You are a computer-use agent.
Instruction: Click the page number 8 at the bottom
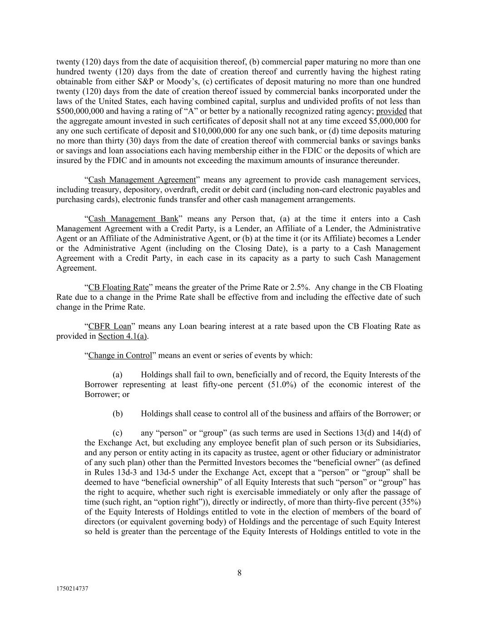(239, 573)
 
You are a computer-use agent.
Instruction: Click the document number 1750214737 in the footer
(72, 588)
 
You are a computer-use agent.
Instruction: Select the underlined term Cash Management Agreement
(142, 180)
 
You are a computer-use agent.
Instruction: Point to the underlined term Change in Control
(120, 355)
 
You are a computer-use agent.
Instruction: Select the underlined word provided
(391, 111)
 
